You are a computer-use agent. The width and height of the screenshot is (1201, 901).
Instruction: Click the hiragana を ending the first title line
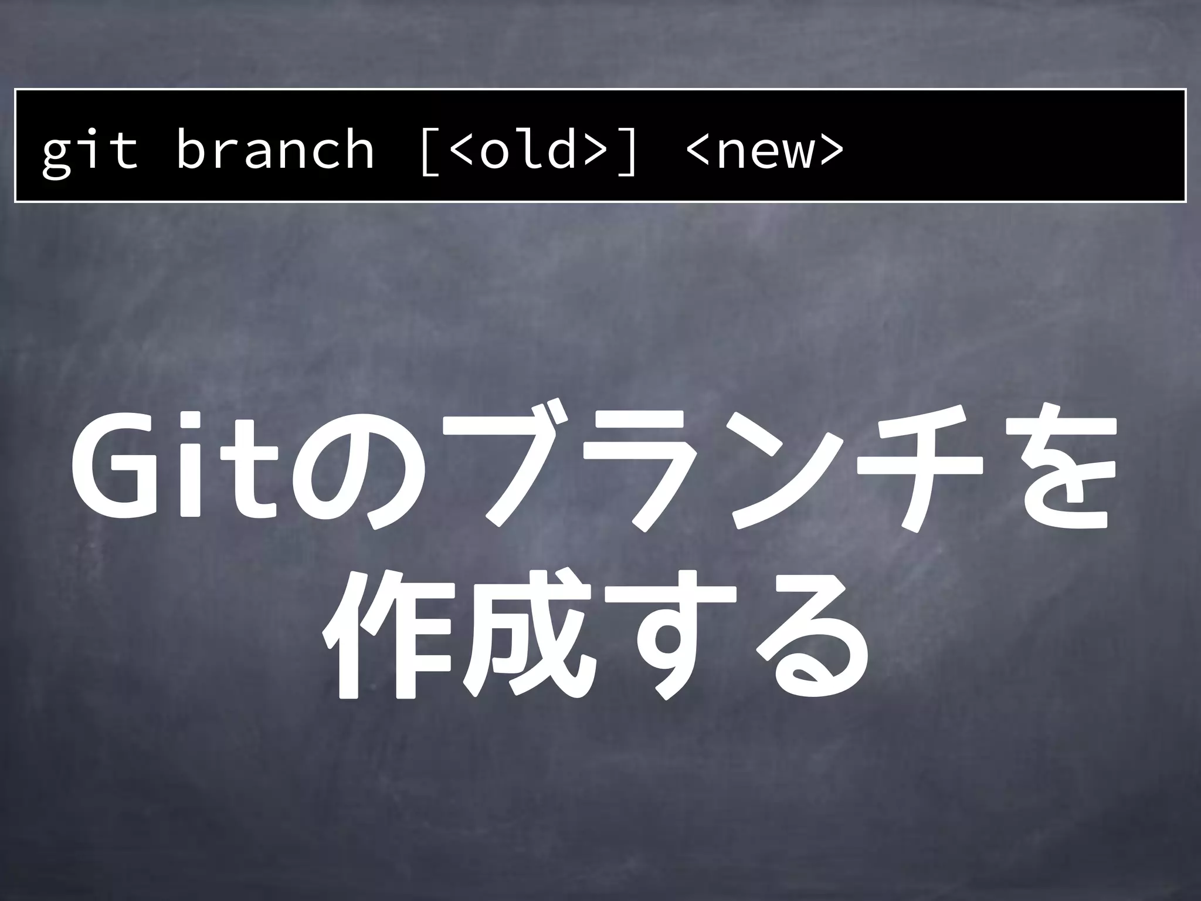pos(1056,469)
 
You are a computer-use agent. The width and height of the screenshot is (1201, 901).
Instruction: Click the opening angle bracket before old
pos(462,151)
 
